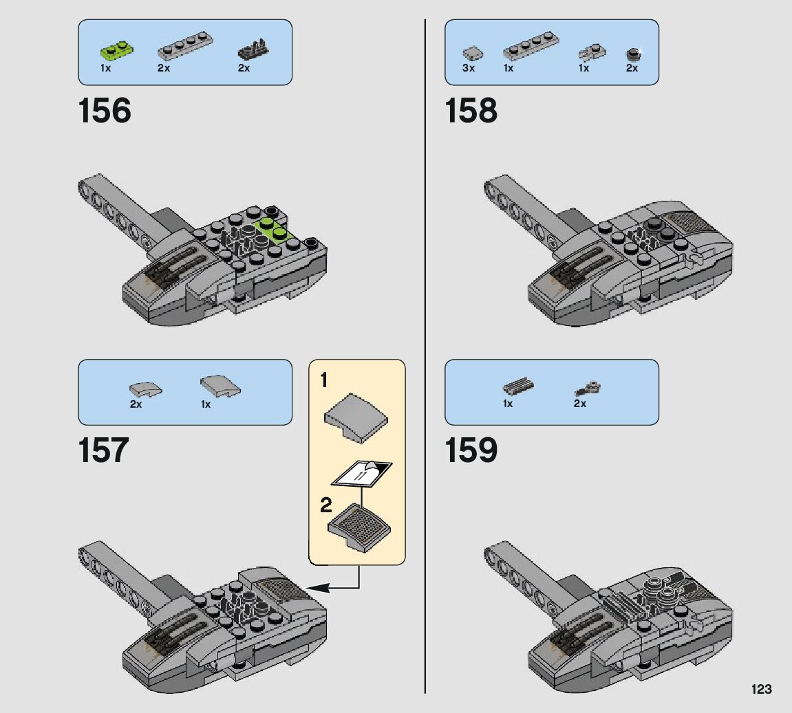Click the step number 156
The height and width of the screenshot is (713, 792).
(105, 111)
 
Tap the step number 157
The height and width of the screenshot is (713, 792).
(103, 451)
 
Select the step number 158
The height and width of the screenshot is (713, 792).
(471, 111)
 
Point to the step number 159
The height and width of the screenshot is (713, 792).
(471, 451)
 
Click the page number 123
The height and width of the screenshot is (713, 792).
(762, 689)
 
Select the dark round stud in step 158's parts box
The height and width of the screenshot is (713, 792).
(632, 53)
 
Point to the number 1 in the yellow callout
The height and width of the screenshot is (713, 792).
(324, 380)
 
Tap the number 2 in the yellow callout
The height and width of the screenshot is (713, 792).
(325, 507)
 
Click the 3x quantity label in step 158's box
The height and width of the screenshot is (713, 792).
(469, 69)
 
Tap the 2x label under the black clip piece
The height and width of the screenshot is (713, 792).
(244, 69)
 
